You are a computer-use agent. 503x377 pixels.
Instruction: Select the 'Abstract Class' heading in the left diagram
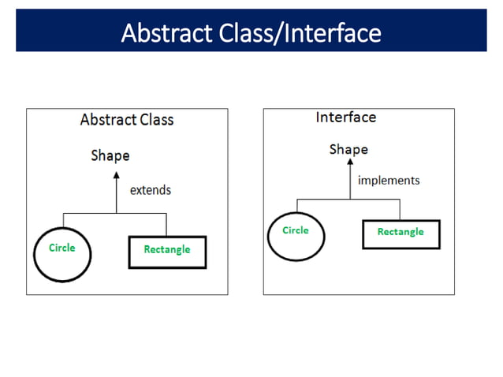(x=126, y=120)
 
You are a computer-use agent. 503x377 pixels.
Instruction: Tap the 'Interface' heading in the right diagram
(x=345, y=118)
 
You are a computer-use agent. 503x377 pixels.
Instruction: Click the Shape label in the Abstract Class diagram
(x=110, y=155)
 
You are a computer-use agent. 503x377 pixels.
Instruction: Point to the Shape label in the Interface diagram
(x=348, y=149)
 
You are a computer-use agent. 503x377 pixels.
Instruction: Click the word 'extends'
(x=150, y=190)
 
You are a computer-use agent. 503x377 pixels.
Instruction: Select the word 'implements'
(x=389, y=181)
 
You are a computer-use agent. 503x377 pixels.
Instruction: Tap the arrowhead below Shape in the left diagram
(x=116, y=172)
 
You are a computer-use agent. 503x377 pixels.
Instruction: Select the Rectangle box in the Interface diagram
(x=401, y=234)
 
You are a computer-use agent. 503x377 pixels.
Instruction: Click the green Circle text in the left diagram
(x=62, y=248)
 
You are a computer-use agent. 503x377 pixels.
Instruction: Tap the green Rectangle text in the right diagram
(x=401, y=232)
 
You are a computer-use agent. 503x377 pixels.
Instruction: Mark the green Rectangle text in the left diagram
(x=167, y=250)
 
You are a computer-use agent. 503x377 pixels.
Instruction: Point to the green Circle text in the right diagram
(x=296, y=230)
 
